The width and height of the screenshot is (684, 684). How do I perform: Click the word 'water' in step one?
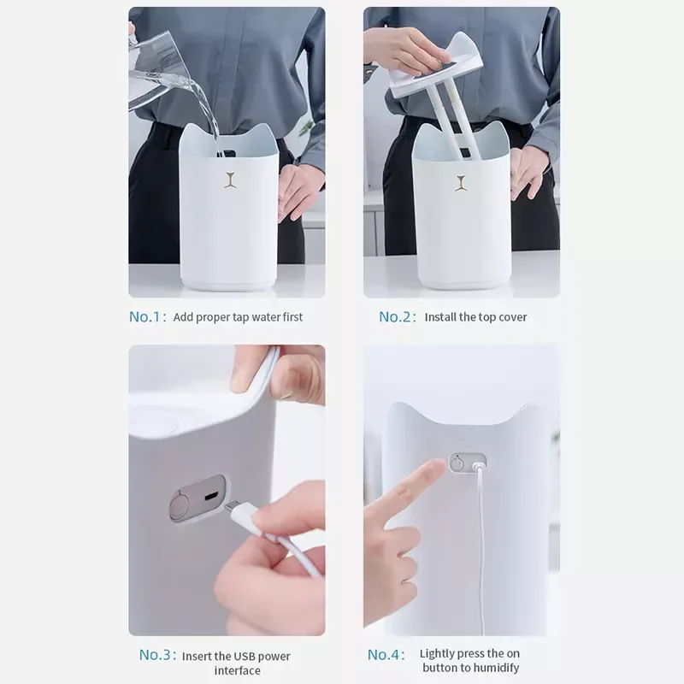coord(266,317)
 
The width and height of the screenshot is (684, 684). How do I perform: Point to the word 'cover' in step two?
coord(513,317)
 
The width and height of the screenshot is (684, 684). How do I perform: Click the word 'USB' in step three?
coord(245,656)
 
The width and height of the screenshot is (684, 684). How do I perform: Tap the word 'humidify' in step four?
coord(497,668)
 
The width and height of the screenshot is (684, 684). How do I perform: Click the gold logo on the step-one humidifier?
coord(230,180)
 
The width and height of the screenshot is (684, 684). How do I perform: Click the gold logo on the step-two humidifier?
coord(462,183)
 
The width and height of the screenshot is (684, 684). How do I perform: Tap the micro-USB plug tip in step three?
coord(230,505)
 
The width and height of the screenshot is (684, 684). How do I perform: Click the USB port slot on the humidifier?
coord(211,496)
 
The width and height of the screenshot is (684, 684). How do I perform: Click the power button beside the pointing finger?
coord(457,463)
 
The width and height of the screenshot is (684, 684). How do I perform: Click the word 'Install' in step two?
coord(440,317)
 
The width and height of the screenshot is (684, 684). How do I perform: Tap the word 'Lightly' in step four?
coord(437,654)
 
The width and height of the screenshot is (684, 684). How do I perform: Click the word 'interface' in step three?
coord(238,670)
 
